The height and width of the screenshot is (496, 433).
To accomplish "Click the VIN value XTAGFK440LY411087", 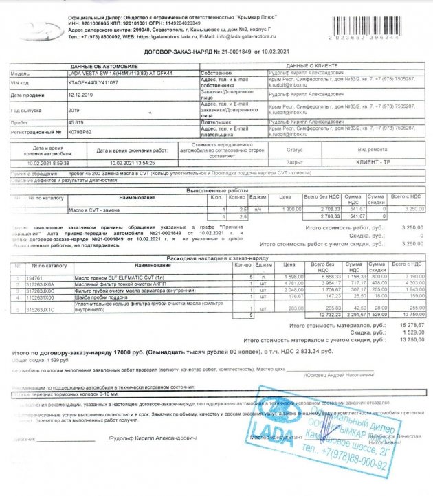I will (93, 82).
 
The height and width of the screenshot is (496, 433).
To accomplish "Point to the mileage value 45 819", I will (76, 122).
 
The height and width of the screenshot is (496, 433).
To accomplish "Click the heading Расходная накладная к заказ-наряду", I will (215, 258).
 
